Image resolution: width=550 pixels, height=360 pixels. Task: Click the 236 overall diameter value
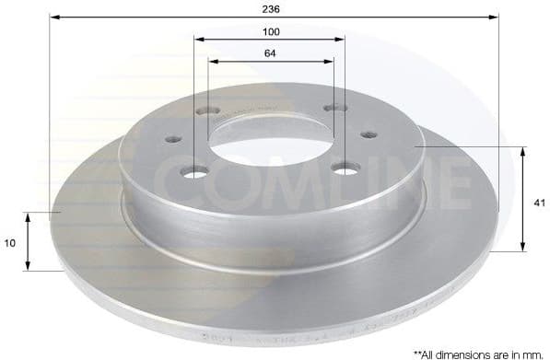coord(271,7)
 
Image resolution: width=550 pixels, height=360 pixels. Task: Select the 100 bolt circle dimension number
coord(271,31)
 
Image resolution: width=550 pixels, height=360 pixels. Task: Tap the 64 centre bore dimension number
coord(271,53)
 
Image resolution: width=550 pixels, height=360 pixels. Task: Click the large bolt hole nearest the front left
coord(195,173)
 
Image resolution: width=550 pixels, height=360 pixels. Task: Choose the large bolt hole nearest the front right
coord(345,168)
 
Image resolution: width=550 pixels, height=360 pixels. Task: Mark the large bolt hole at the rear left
coord(208,112)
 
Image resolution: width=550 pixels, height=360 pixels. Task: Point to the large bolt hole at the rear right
coord(334,109)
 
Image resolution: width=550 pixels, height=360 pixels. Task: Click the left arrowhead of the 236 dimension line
coord(53,17)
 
